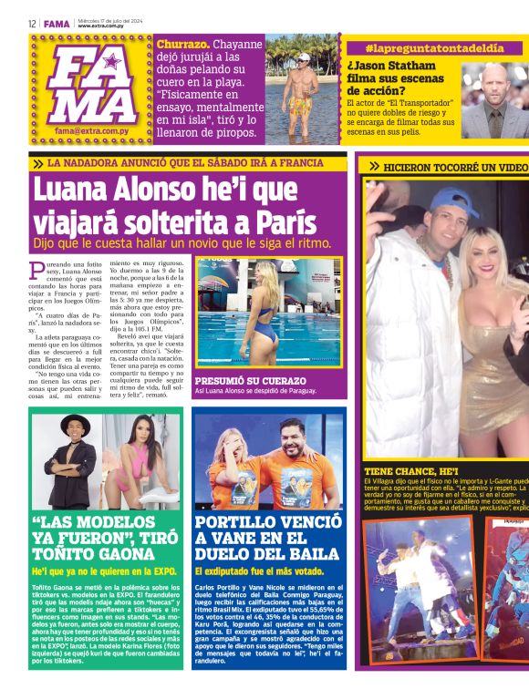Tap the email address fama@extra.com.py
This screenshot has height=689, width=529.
(89, 130)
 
